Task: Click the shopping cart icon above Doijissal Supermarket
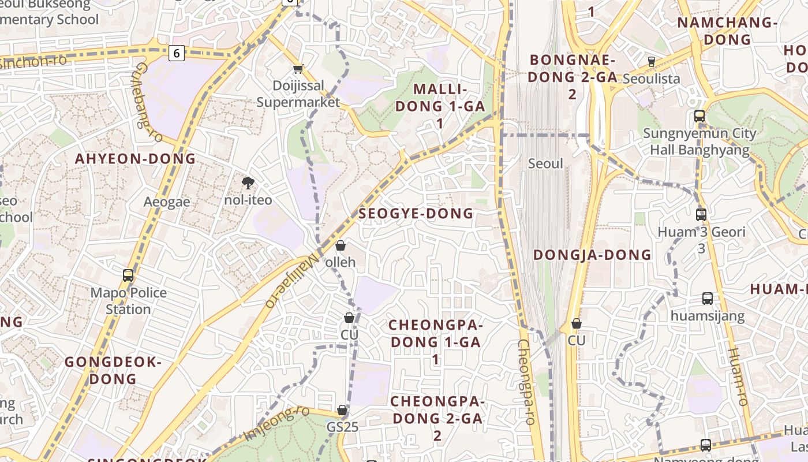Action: point(298,69)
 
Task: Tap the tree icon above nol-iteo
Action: point(248,183)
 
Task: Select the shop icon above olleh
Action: point(341,245)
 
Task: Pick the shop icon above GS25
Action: point(342,410)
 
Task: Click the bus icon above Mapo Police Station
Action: point(128,275)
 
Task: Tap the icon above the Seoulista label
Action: point(652,61)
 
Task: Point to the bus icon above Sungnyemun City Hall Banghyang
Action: point(699,116)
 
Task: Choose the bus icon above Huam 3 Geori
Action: point(701,215)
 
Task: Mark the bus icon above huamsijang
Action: point(708,299)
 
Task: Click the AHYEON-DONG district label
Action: point(136,159)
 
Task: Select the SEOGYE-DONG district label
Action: point(416,214)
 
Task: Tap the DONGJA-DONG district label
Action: point(592,255)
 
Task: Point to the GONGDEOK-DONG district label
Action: point(113,370)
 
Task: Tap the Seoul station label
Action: point(545,163)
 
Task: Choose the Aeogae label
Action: point(167,202)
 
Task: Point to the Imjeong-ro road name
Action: point(277,424)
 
